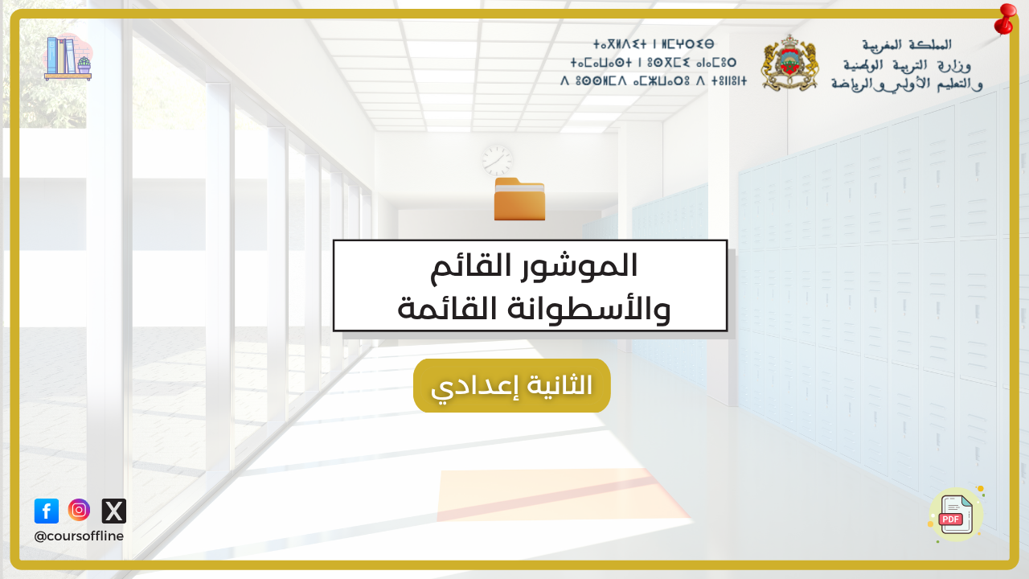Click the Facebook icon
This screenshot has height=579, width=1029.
[x=47, y=511]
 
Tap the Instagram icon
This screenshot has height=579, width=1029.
[x=79, y=510]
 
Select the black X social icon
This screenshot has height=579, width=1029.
[x=113, y=511]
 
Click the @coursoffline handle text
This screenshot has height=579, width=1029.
[x=79, y=536]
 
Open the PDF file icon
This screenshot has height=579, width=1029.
[x=957, y=515]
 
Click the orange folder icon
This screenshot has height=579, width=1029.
[x=519, y=199]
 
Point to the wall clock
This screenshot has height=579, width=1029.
[x=498, y=160]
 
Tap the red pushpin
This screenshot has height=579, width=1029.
[x=1005, y=19]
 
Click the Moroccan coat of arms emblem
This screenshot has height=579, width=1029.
[x=789, y=63]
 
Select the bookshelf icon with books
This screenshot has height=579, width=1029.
[x=68, y=59]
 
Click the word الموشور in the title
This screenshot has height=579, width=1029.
[x=580, y=266]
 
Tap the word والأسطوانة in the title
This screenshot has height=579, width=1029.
[x=589, y=308]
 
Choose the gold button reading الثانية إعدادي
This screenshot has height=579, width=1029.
[x=512, y=385]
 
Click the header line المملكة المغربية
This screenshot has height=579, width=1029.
[x=906, y=45]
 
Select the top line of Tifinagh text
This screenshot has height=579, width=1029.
[x=654, y=44]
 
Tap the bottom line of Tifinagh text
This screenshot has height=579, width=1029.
[x=654, y=81]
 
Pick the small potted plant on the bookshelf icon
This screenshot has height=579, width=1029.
[x=84, y=65]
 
